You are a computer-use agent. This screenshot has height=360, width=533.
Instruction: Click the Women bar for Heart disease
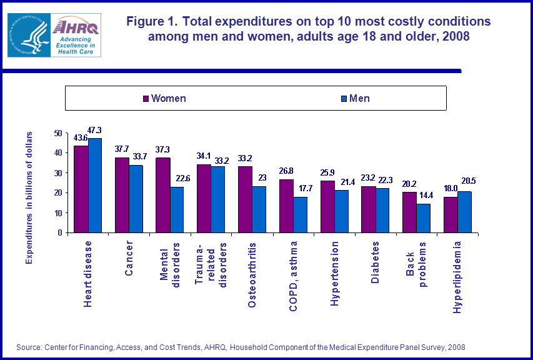[81, 189]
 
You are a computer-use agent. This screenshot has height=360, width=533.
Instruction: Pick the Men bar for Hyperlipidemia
[464, 212]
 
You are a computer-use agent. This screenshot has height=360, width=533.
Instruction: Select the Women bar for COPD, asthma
[286, 206]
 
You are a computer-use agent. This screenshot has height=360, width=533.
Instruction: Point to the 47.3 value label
[95, 130]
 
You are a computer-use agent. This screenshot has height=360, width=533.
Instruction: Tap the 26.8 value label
[286, 171]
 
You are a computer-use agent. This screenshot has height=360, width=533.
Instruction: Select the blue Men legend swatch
[344, 99]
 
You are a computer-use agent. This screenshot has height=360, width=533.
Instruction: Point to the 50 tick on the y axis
[58, 133]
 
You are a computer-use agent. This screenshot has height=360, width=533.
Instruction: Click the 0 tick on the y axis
[61, 232]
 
